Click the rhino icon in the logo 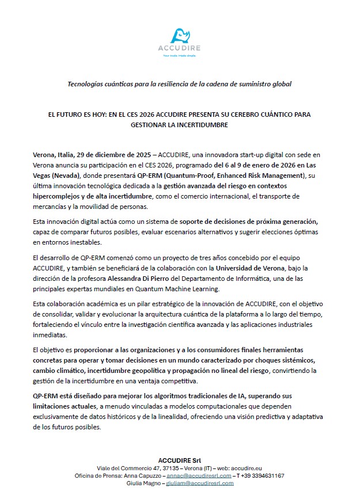click(x=180, y=36)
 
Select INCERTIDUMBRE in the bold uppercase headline click(x=203, y=124)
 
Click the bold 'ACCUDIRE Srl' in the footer click(x=180, y=459)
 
